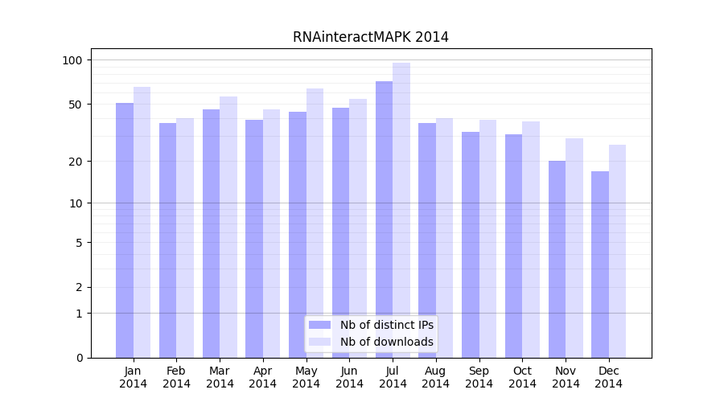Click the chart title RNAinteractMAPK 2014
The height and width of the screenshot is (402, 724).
pyautogui.click(x=370, y=37)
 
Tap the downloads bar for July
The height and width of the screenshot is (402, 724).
pyautogui.click(x=401, y=210)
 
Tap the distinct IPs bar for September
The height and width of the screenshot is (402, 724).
pyautogui.click(x=471, y=244)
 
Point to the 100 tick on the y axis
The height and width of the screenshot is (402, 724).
pyautogui.click(x=72, y=60)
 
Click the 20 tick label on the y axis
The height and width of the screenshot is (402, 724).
pyautogui.click(x=76, y=162)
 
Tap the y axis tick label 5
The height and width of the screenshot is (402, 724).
pyautogui.click(x=79, y=243)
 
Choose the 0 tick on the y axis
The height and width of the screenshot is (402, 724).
pyautogui.click(x=79, y=358)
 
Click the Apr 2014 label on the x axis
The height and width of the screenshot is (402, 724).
pyautogui.click(x=263, y=377)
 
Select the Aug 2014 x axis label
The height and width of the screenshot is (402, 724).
pyautogui.click(x=436, y=377)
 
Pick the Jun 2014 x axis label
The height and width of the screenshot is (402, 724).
pyautogui.click(x=349, y=377)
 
